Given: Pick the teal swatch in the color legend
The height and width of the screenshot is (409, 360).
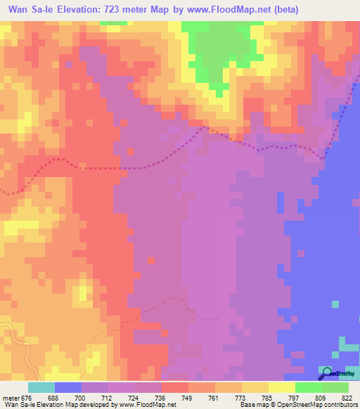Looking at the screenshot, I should tap(41, 387).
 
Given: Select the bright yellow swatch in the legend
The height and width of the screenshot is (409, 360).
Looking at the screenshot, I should tap(282, 387).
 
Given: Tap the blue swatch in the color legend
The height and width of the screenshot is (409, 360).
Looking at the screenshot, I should tap(68, 387).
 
